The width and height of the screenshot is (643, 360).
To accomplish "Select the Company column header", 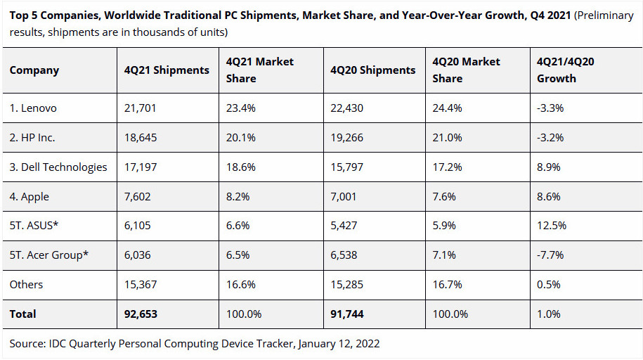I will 34,70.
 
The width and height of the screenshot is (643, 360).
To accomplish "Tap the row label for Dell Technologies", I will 58,167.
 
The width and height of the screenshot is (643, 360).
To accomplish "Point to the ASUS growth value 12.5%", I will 552,226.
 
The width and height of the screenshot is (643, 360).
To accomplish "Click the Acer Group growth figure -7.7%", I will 550,255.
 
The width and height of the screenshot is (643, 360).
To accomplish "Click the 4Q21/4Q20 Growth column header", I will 566,70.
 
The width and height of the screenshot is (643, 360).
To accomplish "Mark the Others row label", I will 26,285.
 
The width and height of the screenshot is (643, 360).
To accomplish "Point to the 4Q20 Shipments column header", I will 372,70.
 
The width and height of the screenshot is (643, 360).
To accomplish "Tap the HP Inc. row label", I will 32,138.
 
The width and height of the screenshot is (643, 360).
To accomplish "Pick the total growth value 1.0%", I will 548,314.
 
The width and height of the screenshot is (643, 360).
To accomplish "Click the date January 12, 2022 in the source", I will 339,344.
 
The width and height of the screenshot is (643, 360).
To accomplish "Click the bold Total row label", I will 23,314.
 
